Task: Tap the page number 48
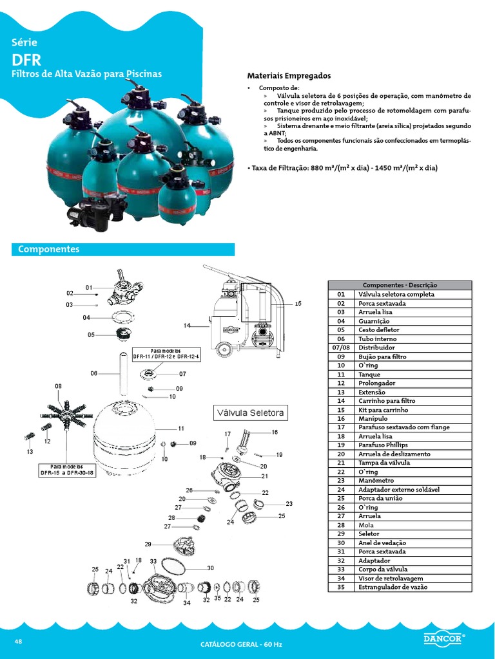pos(18,642)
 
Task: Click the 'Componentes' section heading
pos(49,249)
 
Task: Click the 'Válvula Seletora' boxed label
pos(250,413)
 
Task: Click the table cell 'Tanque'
pos(369,374)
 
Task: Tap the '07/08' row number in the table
pos(341,348)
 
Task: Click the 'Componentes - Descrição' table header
pos(400,285)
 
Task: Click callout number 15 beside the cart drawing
pos(298,303)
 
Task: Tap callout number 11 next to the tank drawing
pos(181,428)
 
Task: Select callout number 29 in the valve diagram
pos(148,544)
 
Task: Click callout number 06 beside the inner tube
pos(94,373)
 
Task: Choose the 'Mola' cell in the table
pos(366,525)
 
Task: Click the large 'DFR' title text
pos(26,60)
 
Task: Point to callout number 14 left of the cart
pos(187,326)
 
